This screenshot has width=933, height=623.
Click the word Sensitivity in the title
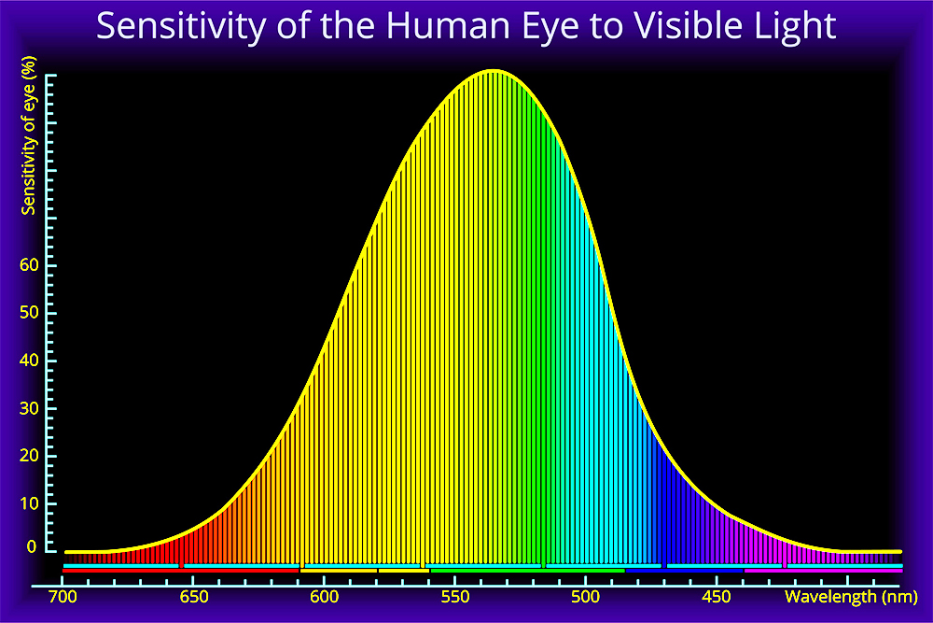click(181, 27)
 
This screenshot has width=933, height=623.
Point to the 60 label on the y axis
click(29, 264)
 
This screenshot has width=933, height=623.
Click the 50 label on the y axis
click(29, 312)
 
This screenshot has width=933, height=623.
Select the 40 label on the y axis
click(29, 360)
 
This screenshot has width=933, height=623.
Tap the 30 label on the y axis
click(29, 408)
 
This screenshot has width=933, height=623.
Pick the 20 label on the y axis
click(29, 455)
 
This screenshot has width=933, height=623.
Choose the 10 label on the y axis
click(29, 503)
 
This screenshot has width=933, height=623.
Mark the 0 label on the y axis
click(32, 546)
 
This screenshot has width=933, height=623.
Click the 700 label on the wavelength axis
click(63, 596)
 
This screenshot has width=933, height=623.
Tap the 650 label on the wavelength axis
click(194, 596)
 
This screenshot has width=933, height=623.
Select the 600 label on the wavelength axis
click(325, 596)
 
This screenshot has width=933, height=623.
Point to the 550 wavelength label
click(455, 596)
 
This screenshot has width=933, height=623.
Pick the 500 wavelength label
click(586, 596)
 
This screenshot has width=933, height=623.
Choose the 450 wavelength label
click(717, 596)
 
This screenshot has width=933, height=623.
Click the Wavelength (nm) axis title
click(852, 597)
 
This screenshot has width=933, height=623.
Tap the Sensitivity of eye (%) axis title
click(29, 135)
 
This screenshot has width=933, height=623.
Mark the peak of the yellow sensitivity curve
click(494, 71)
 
